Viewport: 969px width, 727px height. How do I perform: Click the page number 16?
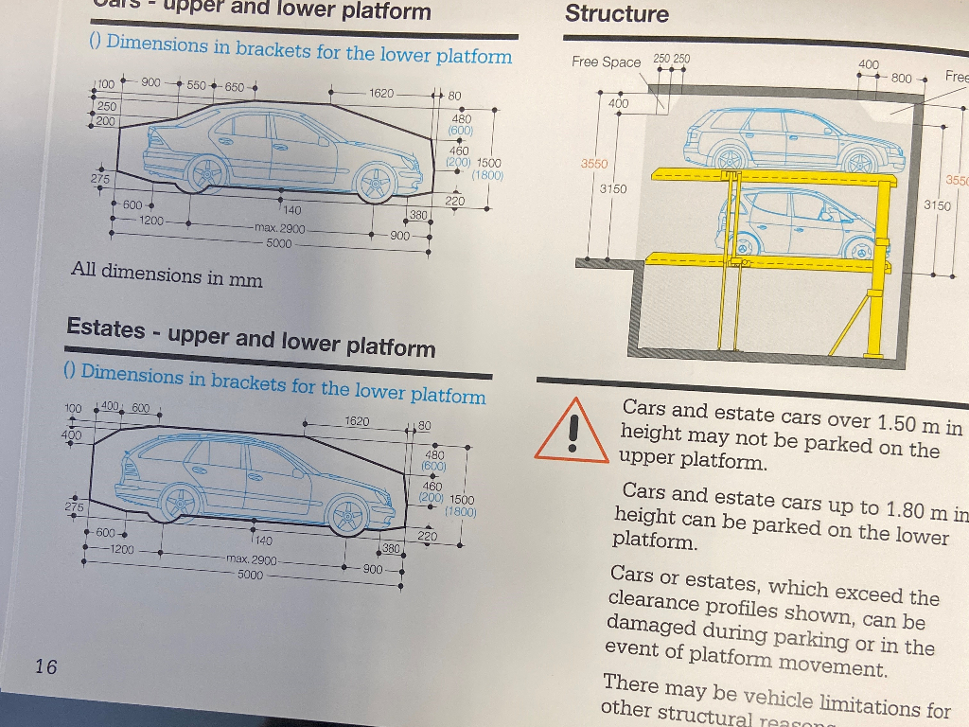45,666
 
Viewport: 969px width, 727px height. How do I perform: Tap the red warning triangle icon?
572,432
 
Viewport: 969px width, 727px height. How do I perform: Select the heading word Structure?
616,14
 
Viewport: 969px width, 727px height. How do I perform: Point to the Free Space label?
606,62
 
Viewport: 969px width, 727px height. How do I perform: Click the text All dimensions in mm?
166,275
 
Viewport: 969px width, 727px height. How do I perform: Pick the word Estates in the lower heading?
106,328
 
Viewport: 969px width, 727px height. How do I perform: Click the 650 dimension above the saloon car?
233,87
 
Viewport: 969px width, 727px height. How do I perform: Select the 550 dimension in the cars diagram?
196,85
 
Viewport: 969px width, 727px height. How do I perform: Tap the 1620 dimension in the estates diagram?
357,420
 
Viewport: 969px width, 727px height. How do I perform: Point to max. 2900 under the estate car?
251,559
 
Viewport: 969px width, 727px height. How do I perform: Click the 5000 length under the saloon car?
279,243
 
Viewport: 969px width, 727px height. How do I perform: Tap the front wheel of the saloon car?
376,182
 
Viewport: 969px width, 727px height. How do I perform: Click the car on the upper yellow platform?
793,140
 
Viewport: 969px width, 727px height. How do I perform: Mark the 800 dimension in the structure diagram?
901,79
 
